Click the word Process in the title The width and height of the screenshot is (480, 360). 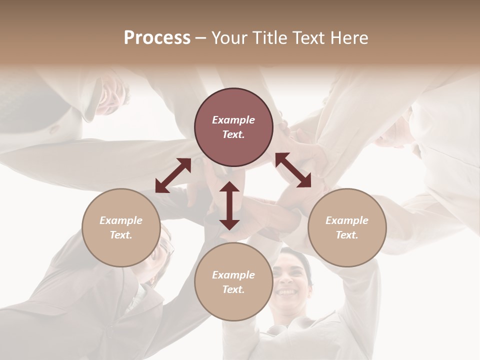(x=157, y=37)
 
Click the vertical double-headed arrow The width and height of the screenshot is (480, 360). (x=229, y=205)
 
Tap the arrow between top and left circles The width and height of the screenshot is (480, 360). (x=173, y=175)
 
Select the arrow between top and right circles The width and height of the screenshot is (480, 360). (x=293, y=170)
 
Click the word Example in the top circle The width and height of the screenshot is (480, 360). (x=233, y=120)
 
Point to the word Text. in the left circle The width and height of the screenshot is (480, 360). (x=121, y=235)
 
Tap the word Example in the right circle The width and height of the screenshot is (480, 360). (x=347, y=220)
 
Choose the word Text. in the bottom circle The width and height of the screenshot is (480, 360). (x=233, y=289)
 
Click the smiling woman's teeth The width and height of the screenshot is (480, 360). (x=286, y=292)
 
